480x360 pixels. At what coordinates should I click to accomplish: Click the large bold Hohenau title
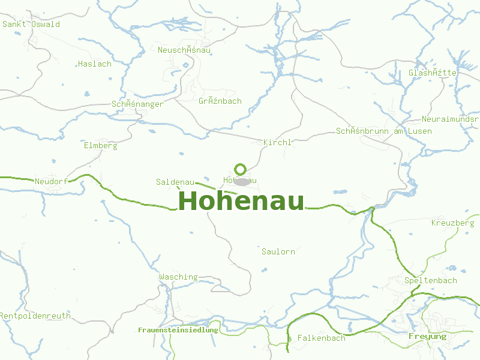coord(241,201)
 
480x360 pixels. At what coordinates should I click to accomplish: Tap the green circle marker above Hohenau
coord(241,169)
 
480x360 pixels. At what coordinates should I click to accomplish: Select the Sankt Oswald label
coord(31,25)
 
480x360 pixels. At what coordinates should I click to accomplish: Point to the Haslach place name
coord(95,64)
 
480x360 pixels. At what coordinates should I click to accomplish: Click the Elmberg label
coord(101,145)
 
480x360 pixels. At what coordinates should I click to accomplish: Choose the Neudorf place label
coord(51,181)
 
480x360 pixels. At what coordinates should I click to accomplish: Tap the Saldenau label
coord(175,181)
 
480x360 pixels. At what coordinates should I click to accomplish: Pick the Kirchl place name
coord(277,142)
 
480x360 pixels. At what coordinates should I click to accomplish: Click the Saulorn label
coord(278,251)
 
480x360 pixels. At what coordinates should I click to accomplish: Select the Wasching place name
coord(178,277)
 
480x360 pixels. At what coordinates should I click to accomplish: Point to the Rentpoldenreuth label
coord(35,316)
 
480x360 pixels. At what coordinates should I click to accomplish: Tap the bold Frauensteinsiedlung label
coord(178,330)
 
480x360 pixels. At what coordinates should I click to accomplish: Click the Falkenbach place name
coord(322,338)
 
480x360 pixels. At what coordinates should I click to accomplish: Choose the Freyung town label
coord(427,336)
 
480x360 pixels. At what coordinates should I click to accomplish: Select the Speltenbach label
coord(431,280)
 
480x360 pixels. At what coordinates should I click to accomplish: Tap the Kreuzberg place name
coord(453,223)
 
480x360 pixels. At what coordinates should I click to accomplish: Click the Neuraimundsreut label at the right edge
coord(450,119)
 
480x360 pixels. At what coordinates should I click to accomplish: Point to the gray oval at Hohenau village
coord(241,182)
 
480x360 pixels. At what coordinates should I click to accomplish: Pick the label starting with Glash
coord(433,73)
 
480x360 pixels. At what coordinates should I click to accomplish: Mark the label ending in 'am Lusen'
coord(384,131)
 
